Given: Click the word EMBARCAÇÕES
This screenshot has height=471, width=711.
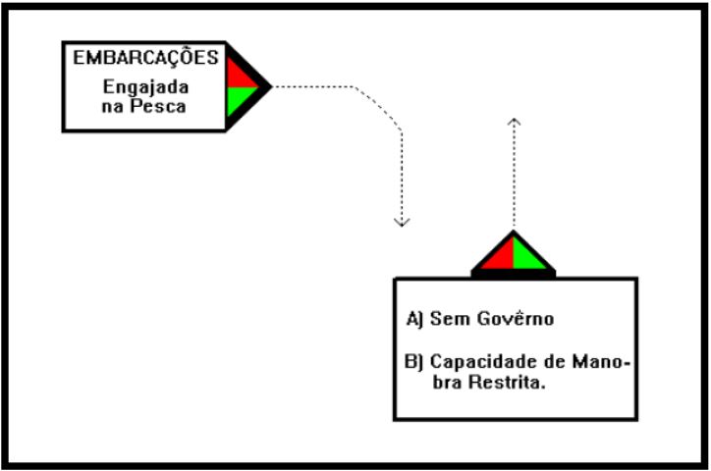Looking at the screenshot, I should coord(145,57).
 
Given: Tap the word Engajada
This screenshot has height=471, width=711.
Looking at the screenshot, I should coord(143,85).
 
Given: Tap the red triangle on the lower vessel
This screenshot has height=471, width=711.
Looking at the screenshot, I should coord(499,255).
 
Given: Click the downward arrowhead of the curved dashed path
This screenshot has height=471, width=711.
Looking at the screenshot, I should coord(401,221).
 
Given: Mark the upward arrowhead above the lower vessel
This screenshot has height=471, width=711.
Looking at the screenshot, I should coord(513,122).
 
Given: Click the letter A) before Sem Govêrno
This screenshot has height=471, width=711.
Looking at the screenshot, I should coord(412,320).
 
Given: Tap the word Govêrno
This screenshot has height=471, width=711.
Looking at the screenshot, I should coord(512,320).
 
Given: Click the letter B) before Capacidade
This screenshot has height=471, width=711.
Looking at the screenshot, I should coord(412,362).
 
